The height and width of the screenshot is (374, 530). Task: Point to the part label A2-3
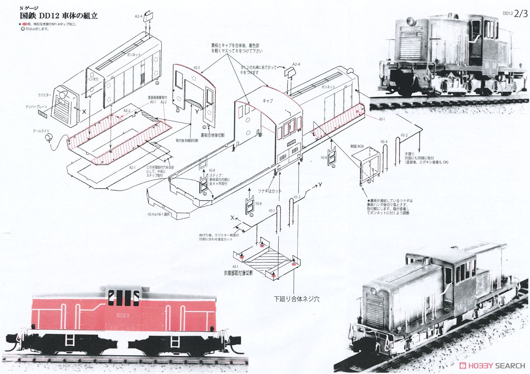197,67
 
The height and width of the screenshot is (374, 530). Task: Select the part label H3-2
404,135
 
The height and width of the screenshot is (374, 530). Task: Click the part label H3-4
384,142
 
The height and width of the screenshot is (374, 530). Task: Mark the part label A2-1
132,168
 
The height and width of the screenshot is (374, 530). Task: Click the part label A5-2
164,102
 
